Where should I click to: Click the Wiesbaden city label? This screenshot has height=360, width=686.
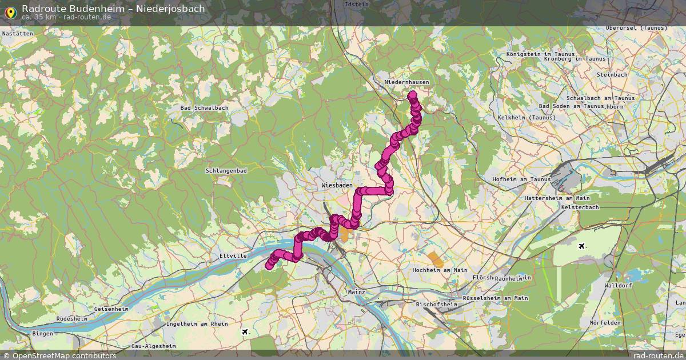[x=337, y=186]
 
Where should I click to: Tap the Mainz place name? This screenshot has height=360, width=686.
[x=356, y=292]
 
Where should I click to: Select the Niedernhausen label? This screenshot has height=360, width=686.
[x=406, y=82]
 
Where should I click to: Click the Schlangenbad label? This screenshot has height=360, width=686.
[x=227, y=171]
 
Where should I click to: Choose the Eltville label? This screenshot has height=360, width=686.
[x=233, y=256]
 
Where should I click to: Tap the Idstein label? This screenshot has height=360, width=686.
[x=357, y=4]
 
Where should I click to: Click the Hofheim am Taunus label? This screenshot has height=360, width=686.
[x=521, y=179]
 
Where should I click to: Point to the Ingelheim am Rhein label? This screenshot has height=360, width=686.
[x=197, y=324]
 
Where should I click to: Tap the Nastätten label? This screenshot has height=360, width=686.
[x=18, y=34]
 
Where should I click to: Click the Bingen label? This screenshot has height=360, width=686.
[x=43, y=333]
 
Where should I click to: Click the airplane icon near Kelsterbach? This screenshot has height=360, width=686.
[x=582, y=246]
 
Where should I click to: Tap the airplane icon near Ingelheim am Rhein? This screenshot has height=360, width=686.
[x=245, y=331]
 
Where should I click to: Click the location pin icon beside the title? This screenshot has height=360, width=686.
[x=10, y=11]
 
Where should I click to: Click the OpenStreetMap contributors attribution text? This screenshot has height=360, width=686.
[x=64, y=356]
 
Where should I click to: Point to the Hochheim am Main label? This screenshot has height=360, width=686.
[x=440, y=270]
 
